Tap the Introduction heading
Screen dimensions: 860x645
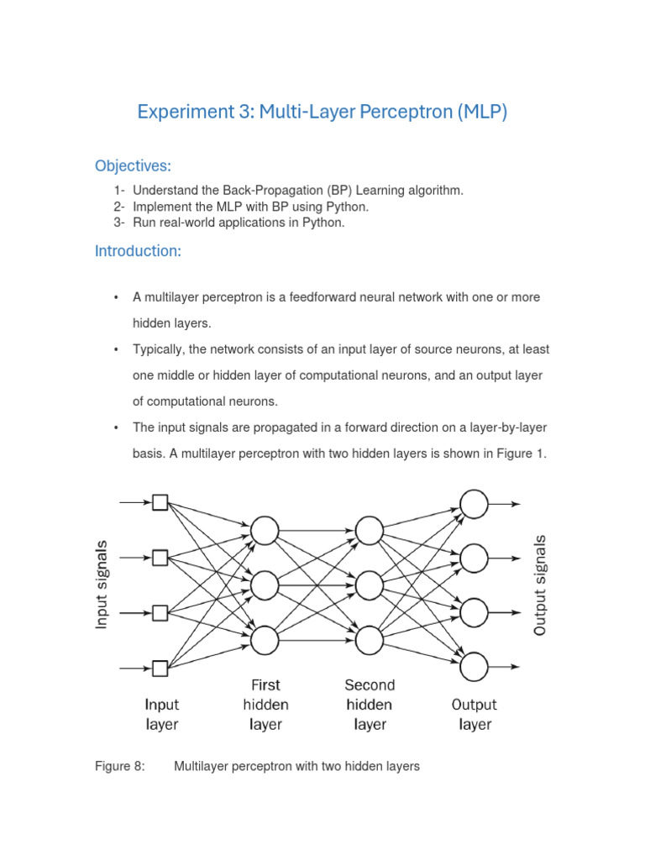[x=138, y=250]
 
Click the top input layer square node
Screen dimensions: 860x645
[x=160, y=502]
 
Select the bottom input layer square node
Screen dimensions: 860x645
[x=160, y=669]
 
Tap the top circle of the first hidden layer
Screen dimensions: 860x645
[x=265, y=531]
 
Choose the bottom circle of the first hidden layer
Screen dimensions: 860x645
[x=265, y=640]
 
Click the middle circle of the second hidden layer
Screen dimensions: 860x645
[x=370, y=585]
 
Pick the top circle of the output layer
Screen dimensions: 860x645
[x=474, y=504]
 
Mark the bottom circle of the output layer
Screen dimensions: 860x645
[x=474, y=666]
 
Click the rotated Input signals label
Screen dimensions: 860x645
[x=102, y=585]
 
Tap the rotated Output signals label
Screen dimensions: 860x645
[x=540, y=585]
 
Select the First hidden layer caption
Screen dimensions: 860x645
[x=265, y=704]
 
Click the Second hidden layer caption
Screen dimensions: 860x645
[x=370, y=704]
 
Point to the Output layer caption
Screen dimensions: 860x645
[x=475, y=714]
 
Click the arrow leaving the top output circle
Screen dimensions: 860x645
[x=506, y=504]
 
